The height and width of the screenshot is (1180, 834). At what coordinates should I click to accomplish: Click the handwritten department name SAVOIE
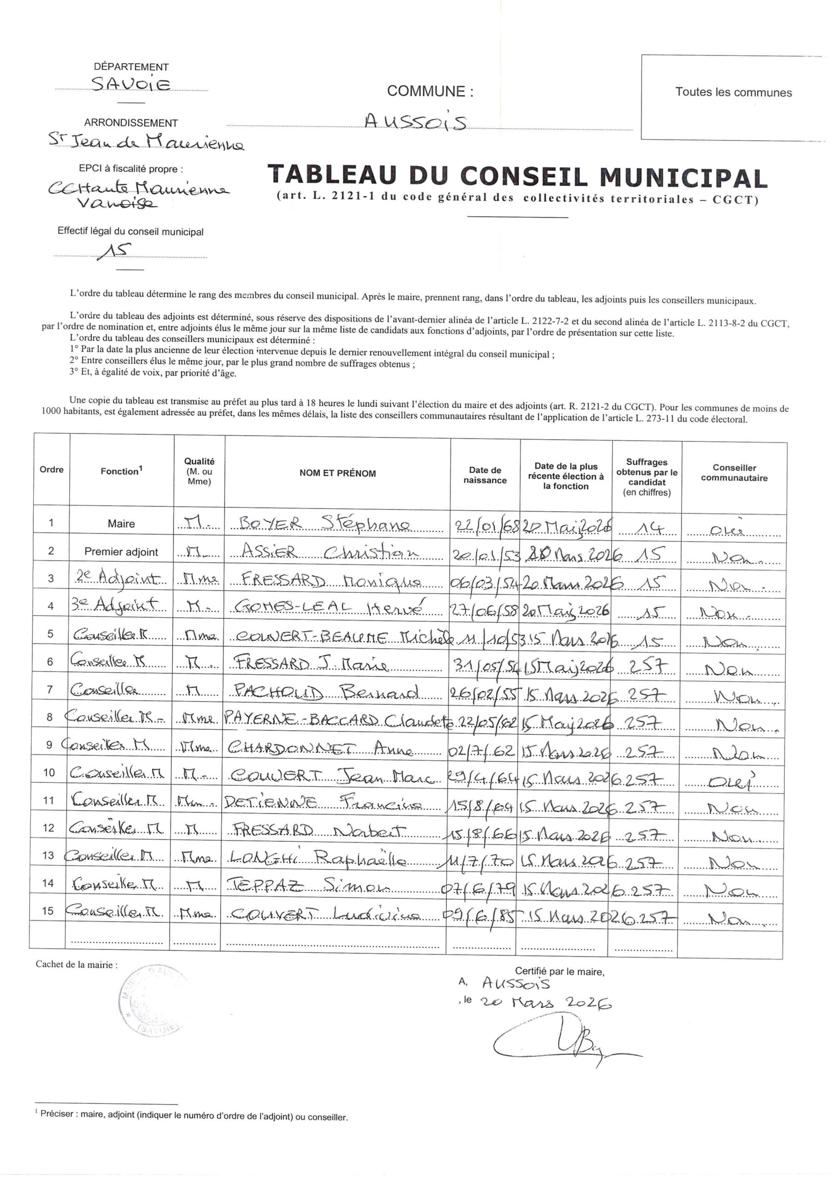(x=131, y=83)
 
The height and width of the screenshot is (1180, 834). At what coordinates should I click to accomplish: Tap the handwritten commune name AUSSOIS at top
(x=415, y=122)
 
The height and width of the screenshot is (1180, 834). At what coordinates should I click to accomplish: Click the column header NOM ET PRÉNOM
(x=337, y=473)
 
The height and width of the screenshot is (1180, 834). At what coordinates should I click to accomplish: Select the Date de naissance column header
(x=485, y=475)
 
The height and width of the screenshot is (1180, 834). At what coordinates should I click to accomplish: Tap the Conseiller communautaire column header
(x=734, y=473)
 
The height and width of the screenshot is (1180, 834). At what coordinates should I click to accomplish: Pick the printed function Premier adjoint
(x=121, y=552)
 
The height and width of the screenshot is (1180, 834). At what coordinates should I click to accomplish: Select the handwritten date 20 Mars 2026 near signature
(x=545, y=1003)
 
